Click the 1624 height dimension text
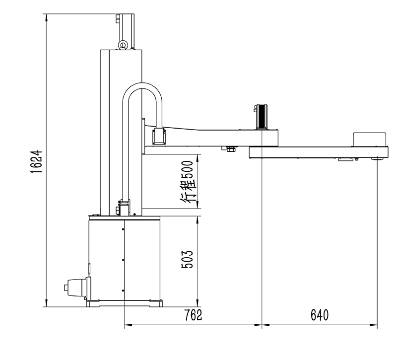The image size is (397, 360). coord(36,161)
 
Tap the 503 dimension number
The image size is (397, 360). coord(188,259)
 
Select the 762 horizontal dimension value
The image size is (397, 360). coord(193,315)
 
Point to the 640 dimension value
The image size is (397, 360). coord(320,315)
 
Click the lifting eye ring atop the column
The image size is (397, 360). coord(123,45)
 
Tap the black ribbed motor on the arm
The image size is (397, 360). coord(262,116)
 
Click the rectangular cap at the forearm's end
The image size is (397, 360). coord(370,140)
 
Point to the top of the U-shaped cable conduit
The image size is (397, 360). coord(142,85)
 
